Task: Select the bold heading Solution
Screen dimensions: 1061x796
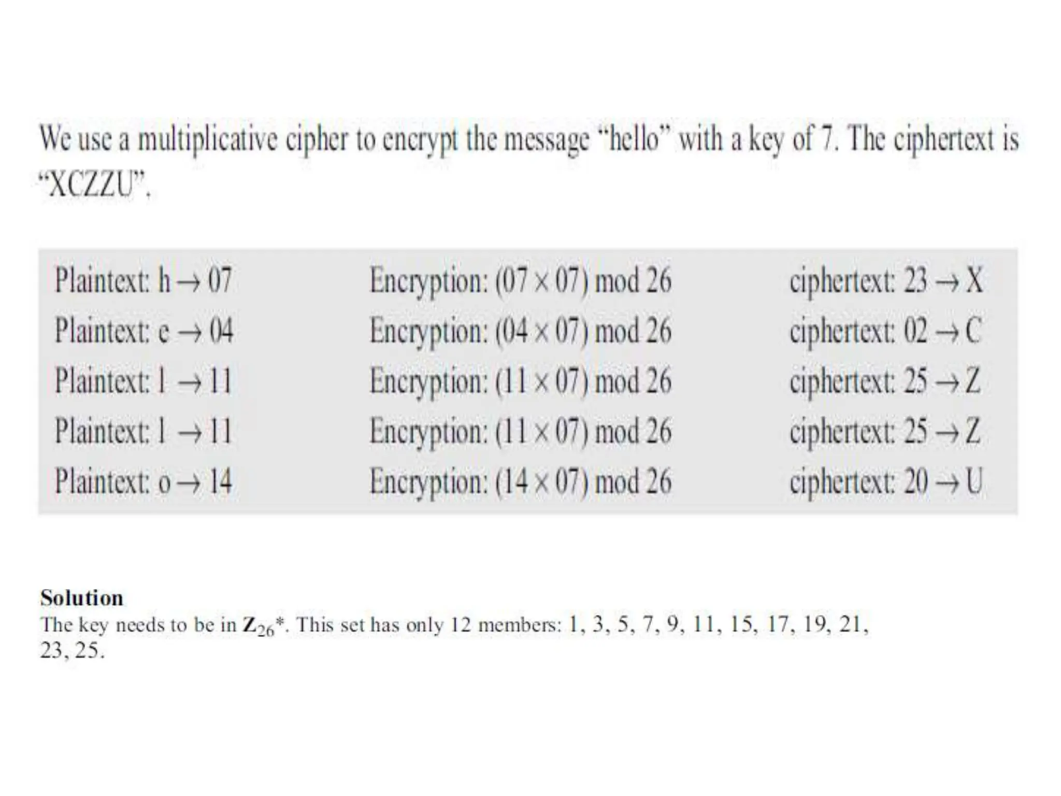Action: (x=82, y=598)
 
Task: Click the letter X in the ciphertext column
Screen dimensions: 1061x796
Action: (x=974, y=280)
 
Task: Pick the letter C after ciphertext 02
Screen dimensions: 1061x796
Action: (x=973, y=331)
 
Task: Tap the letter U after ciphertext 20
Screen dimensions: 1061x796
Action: (x=974, y=481)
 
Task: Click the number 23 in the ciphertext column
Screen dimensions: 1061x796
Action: (x=915, y=280)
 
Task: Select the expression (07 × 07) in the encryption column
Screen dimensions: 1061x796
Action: (x=542, y=280)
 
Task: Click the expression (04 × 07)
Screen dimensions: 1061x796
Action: (x=542, y=331)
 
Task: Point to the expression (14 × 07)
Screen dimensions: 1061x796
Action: (x=542, y=481)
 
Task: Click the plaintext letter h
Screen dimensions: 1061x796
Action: (x=164, y=280)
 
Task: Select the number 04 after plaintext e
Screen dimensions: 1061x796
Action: (x=221, y=331)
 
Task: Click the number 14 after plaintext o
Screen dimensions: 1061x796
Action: (x=220, y=481)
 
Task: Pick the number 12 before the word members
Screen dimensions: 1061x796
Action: (x=460, y=625)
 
